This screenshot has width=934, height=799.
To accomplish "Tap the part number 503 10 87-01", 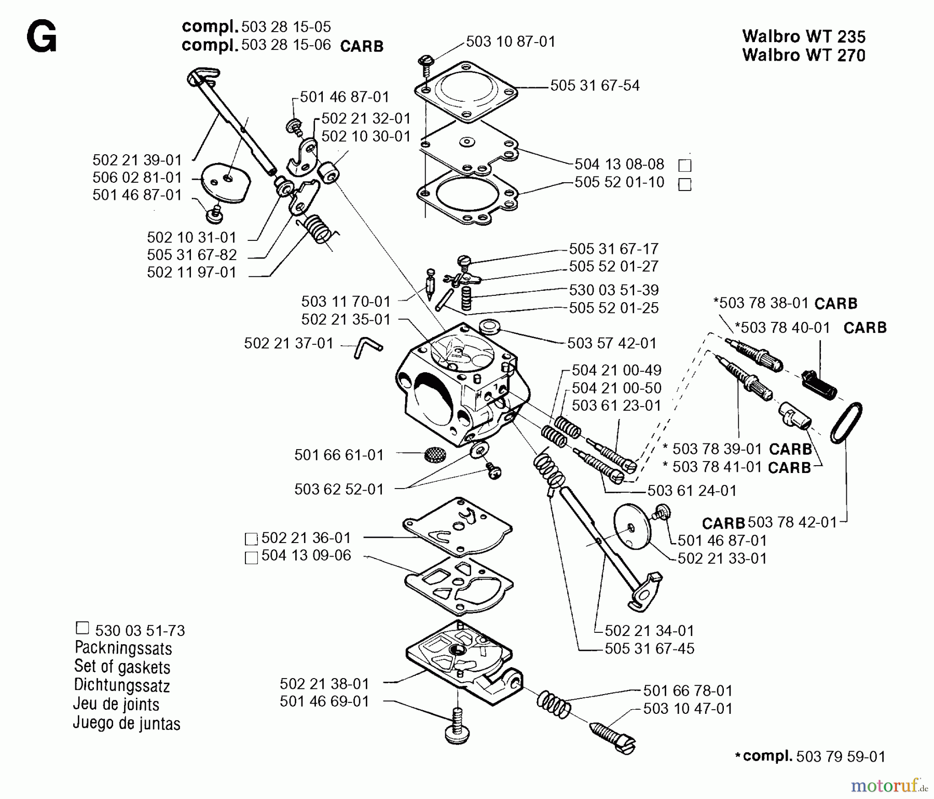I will coord(511,42).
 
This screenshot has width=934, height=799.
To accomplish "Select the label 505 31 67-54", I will coord(595,86).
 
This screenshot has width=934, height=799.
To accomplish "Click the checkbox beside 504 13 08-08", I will coord(685,166).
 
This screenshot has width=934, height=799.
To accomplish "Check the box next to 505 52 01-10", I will coord(685,184).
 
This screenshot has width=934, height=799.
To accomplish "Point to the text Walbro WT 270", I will coord(804,55).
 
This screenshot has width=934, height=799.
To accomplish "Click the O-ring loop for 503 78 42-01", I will coord(846,423).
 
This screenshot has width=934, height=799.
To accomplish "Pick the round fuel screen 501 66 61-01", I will coord(434,455).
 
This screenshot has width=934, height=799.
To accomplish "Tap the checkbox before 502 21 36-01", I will coord(251,539).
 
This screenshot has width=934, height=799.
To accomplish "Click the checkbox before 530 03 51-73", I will coord(83,628).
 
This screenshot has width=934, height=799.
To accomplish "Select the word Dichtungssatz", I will coord(122,685).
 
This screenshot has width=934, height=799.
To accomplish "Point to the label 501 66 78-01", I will coord(688,690).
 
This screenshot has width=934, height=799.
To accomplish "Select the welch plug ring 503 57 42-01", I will coord(489,327).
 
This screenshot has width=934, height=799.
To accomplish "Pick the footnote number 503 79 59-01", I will coord(840,757).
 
